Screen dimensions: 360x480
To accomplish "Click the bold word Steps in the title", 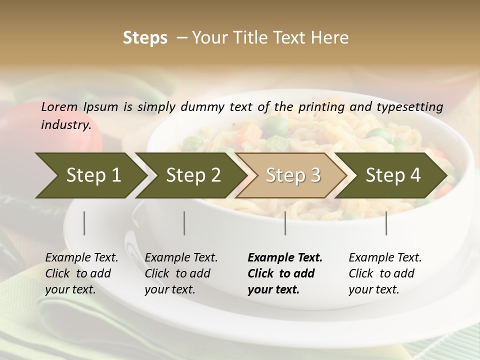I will click(145, 38).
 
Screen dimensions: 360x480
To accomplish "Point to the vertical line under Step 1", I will click(84, 223).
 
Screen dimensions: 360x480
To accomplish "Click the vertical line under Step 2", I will click(184, 223).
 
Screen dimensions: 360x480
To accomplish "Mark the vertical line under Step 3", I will click(285, 223).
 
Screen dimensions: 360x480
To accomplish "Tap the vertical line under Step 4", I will click(386, 223).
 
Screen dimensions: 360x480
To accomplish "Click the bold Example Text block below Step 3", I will click(285, 273).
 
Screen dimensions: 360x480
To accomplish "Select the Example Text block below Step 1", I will click(81, 273).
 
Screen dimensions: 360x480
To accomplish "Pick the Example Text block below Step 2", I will click(181, 273).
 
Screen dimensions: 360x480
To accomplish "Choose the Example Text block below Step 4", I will click(385, 273).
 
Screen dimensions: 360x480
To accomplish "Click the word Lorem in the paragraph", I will click(59, 107).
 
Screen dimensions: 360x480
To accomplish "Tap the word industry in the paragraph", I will click(66, 125).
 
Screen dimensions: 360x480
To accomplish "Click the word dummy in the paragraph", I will click(202, 107).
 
